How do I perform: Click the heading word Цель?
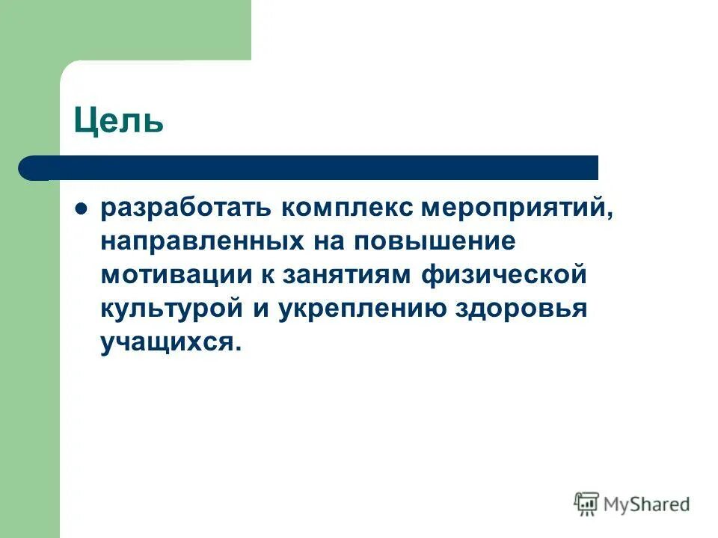click(119, 120)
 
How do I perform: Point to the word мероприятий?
click(516, 209)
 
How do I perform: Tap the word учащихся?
click(172, 342)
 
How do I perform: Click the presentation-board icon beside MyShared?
click(586, 504)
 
